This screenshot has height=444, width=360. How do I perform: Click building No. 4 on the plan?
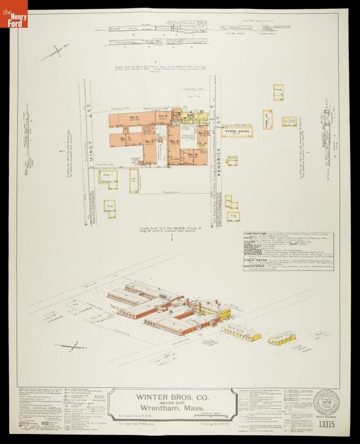pos(175,141)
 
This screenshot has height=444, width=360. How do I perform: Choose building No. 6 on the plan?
pos(148,141)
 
